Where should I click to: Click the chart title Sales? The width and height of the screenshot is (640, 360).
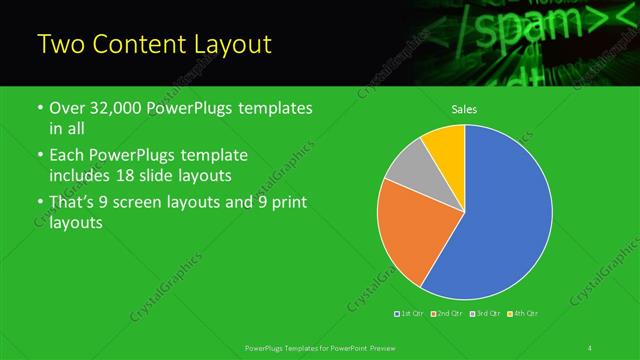[x=464, y=109]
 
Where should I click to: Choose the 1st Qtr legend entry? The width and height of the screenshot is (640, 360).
[x=410, y=314]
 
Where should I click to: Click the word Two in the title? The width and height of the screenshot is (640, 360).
[x=61, y=45]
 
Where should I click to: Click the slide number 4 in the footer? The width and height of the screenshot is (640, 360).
[x=590, y=347]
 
